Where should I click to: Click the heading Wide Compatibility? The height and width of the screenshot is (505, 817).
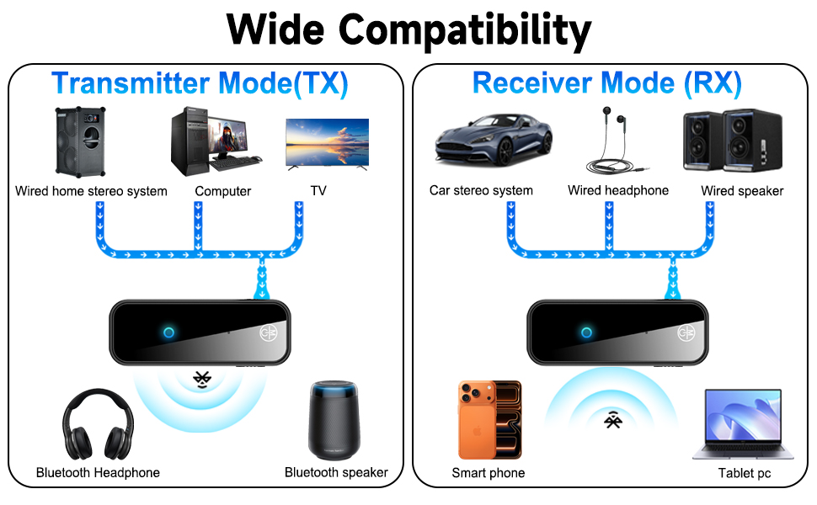tap(408, 29)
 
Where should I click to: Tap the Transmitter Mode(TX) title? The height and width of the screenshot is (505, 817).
tap(200, 83)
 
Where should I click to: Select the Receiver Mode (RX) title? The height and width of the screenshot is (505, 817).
tap(607, 83)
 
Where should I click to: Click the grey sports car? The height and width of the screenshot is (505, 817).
tap(494, 141)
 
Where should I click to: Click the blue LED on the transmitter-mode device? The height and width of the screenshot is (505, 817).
tap(168, 332)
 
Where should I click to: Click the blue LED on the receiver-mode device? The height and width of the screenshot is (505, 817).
tap(587, 332)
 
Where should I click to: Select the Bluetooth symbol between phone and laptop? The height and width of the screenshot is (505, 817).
tap(612, 419)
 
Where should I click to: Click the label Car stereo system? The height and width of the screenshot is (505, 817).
tap(481, 191)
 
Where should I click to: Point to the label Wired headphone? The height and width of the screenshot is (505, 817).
tap(617, 190)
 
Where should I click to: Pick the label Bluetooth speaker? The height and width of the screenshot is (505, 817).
tap(336, 472)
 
